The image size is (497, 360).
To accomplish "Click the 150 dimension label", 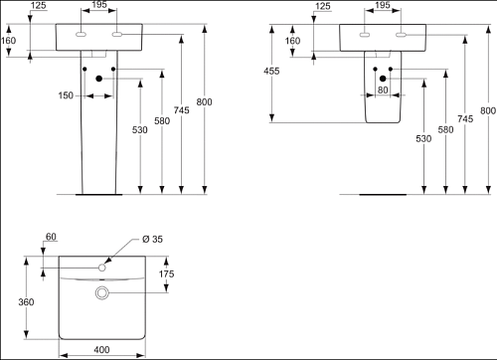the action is tap(66, 95).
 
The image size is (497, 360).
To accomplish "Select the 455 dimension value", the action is tap(271, 71).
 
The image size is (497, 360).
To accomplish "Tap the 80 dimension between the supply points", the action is tap(383, 90).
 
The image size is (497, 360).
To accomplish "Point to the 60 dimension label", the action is tap(51, 237).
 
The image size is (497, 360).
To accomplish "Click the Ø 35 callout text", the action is tap(152, 239).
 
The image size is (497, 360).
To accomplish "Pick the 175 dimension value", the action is tap(166, 274).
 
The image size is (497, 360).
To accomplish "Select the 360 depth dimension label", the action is tap(26, 302).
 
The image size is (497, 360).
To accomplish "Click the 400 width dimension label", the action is tap(101, 350).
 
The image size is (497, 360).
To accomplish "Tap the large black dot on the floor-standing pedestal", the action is tap(98, 79).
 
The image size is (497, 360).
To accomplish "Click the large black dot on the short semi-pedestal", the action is tap(383, 79).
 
